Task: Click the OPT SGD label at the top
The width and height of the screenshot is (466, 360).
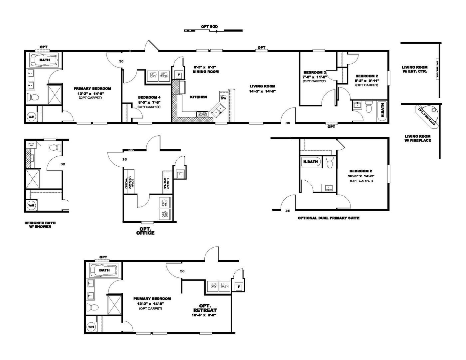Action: [209, 26]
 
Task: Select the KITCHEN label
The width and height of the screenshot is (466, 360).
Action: [198, 97]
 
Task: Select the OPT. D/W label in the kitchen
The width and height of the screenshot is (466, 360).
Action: [223, 97]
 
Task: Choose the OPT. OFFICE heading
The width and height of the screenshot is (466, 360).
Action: [145, 231]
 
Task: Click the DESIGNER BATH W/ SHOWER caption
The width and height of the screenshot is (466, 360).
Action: [38, 225]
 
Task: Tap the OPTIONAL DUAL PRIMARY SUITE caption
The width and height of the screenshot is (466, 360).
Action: [328, 218]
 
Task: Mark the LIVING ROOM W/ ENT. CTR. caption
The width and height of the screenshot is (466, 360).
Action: [414, 69]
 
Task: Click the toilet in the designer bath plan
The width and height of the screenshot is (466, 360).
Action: [54, 147]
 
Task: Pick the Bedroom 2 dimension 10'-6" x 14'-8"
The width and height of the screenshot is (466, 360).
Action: [361, 176]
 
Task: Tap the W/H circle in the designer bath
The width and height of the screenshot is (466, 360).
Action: [31, 206]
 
